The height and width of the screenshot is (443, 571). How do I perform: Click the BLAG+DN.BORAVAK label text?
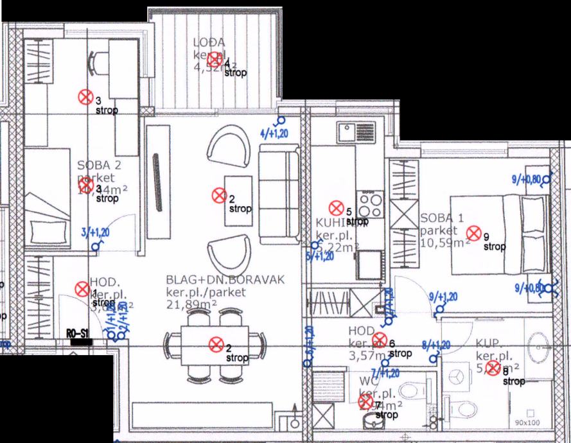click(x=224, y=280)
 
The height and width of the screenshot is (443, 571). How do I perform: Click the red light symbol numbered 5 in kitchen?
click(x=335, y=208)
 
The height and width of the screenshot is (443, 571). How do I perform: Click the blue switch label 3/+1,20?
click(x=96, y=233)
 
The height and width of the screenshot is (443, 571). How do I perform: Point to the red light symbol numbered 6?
click(x=379, y=339)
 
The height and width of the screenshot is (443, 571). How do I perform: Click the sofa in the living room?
click(x=279, y=194)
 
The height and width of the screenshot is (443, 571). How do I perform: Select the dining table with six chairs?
click(x=216, y=345)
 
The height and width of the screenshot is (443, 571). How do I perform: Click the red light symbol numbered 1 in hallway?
click(x=82, y=289)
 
